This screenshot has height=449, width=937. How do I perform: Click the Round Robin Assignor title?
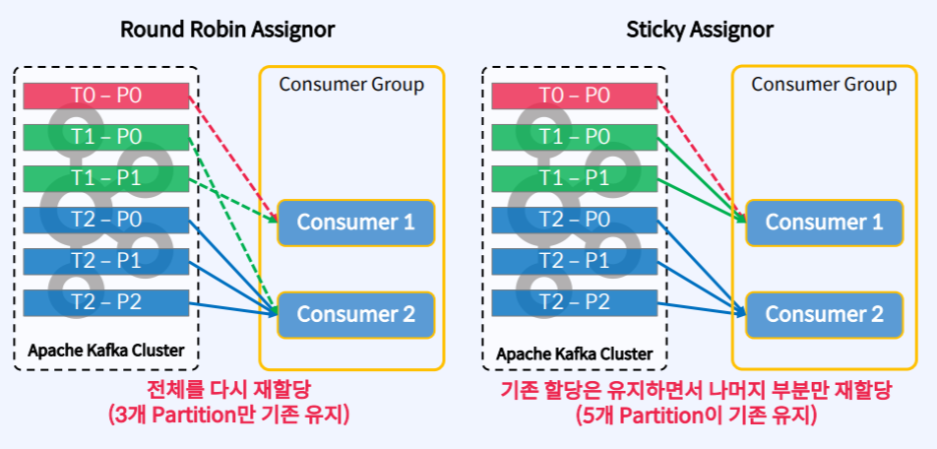coord(227,30)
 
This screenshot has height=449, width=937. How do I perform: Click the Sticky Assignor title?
coord(700,30)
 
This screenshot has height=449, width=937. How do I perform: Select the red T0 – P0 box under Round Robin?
coord(106,96)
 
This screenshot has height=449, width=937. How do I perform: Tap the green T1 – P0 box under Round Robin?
coord(106,137)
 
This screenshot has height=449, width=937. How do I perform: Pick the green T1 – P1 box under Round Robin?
coord(106,178)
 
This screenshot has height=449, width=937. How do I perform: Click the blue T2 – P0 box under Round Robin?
coord(106,220)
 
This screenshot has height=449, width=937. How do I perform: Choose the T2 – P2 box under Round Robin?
coord(106,302)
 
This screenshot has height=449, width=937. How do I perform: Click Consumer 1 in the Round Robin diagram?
coord(355,223)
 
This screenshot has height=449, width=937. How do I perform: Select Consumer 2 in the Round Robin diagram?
coord(355,315)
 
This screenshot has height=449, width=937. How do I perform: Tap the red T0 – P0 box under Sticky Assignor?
coord(575,96)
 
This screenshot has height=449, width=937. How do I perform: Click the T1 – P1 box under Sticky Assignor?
coord(575,178)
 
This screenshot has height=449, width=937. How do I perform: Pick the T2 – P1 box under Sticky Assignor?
coord(575,261)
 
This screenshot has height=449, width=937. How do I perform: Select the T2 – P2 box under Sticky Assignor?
coord(575,302)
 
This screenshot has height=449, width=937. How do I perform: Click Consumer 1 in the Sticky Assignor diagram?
coord(824,223)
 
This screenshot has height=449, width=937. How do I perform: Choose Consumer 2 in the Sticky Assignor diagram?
coord(824,315)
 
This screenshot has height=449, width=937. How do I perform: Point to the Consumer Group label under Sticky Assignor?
coord(824,85)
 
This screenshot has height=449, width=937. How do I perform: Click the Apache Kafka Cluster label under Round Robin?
coord(106,352)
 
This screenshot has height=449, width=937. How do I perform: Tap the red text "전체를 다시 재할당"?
coord(228,390)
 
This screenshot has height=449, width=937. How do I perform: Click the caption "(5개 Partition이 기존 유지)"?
coord(697,416)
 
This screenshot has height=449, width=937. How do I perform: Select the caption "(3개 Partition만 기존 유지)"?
coord(228,416)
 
